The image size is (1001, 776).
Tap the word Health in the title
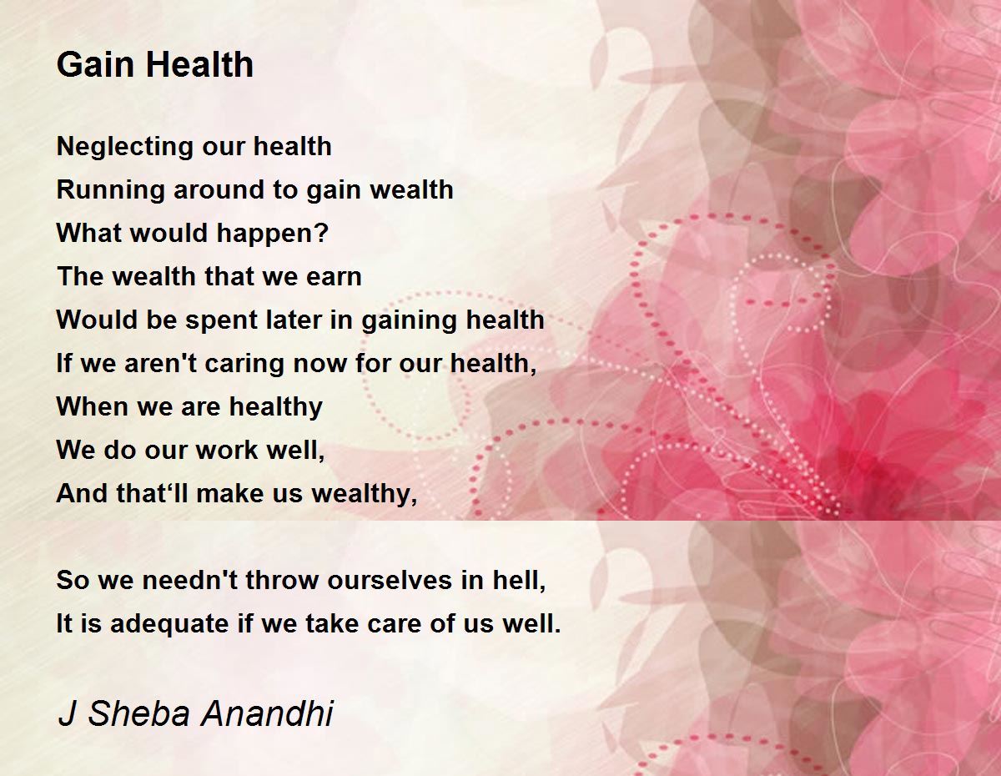coord(200,64)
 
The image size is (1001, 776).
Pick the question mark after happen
coord(323,232)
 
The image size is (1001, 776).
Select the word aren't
coord(160,363)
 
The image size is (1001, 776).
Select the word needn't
coord(190,580)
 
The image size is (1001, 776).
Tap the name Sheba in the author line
coord(138,713)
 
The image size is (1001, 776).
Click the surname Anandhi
coord(267,713)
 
